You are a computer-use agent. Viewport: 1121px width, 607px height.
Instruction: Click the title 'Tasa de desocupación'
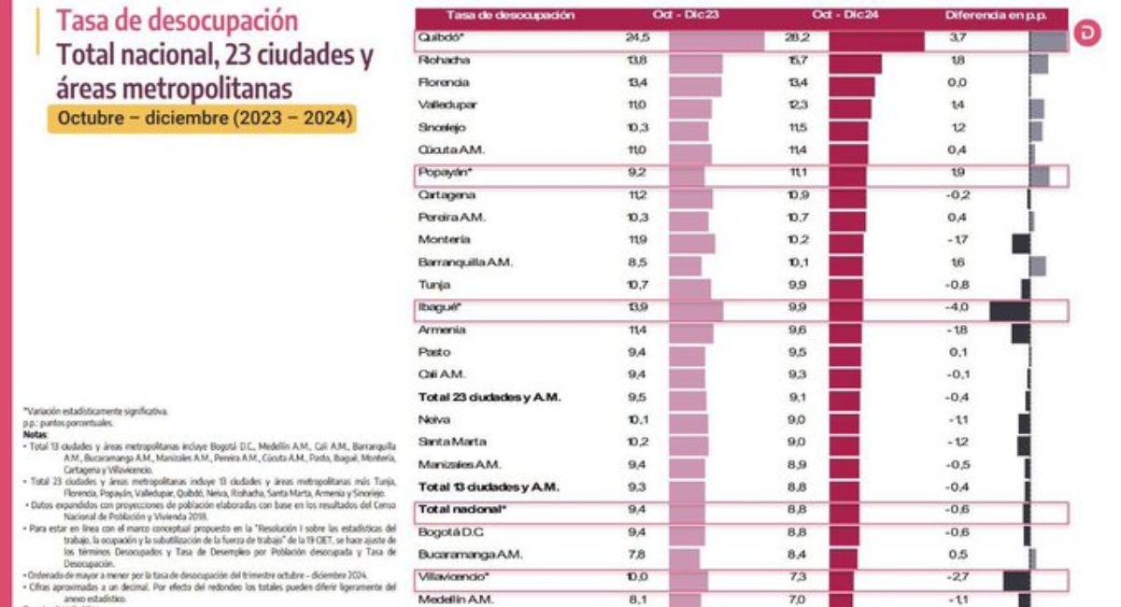click(177, 20)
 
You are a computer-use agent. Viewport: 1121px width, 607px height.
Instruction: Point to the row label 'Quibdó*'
click(443, 38)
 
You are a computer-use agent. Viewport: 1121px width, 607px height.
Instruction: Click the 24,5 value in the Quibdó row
click(637, 38)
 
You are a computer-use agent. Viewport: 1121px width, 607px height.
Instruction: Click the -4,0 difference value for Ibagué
click(958, 307)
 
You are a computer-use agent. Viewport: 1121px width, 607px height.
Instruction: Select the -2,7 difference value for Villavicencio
click(958, 577)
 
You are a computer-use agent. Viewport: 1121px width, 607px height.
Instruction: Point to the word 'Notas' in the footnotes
click(34, 434)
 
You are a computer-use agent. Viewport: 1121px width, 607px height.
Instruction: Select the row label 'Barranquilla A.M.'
click(465, 262)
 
